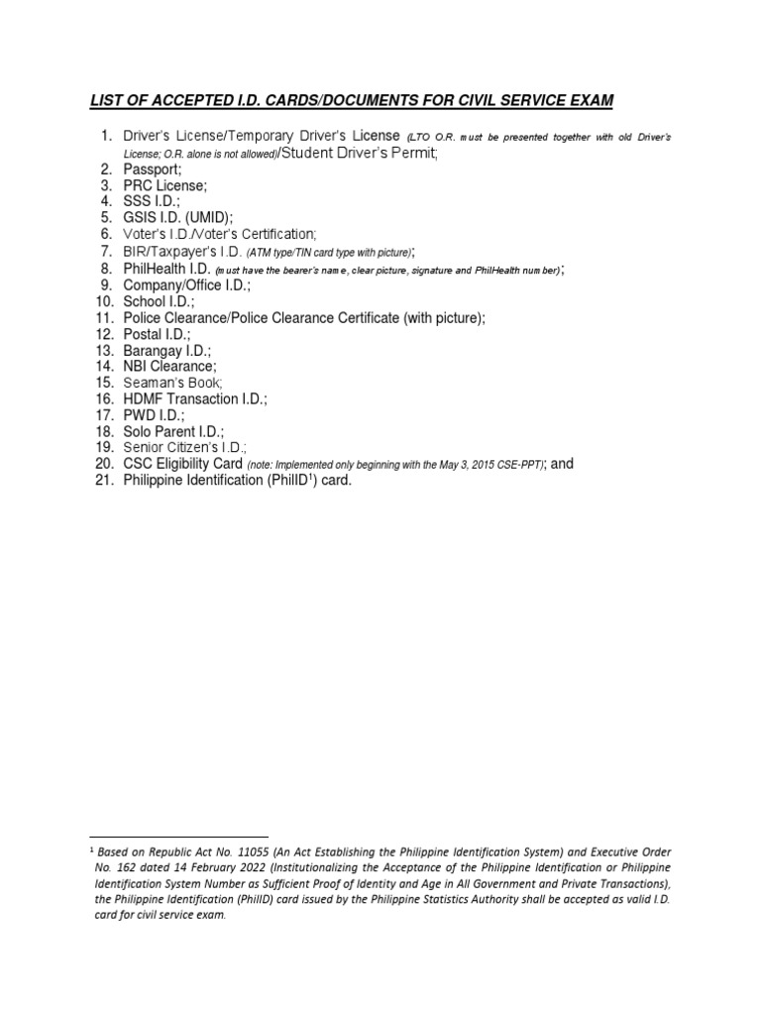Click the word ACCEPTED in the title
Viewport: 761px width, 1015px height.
[x=181, y=100]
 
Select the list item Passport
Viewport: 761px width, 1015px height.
[x=153, y=169]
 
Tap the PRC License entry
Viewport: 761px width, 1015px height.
[x=165, y=185]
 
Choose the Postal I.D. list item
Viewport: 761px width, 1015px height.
[x=157, y=334]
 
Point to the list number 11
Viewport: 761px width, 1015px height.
[x=105, y=317]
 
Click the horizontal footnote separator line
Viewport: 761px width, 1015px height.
[x=178, y=837]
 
